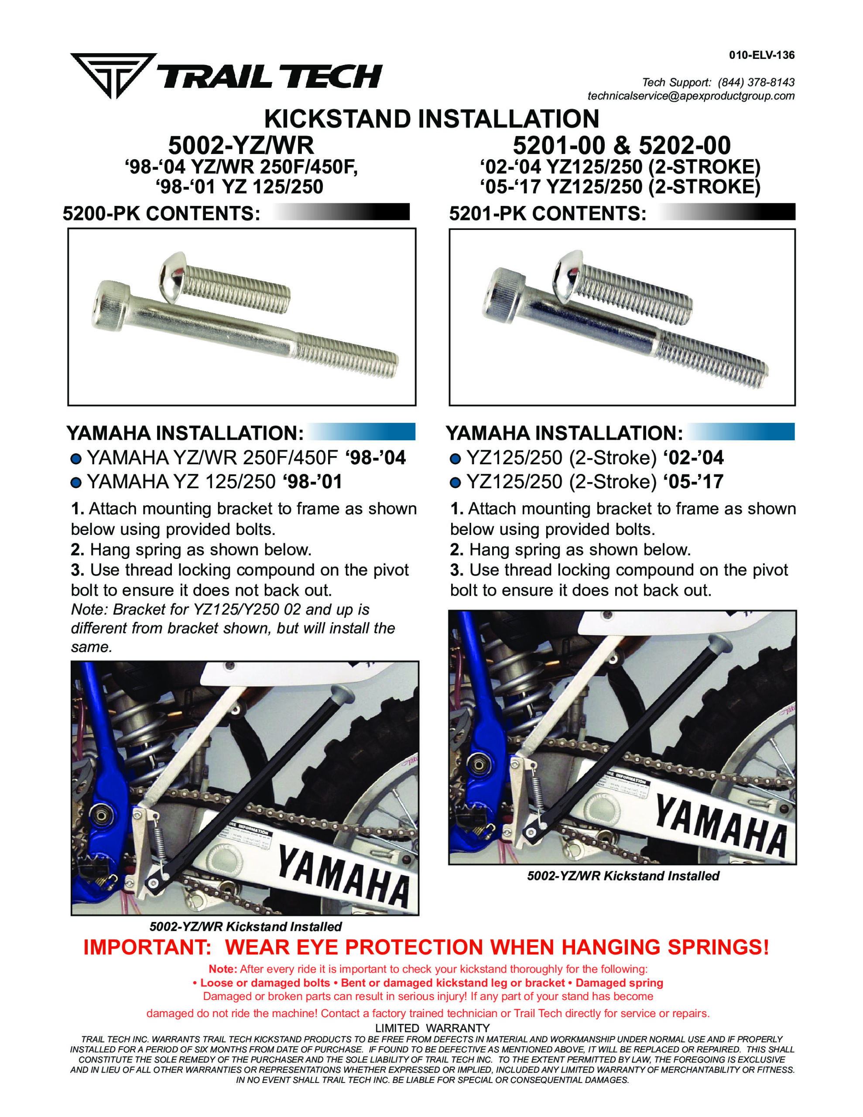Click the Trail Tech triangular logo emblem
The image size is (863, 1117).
(113, 75)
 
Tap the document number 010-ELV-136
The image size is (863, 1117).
(762, 55)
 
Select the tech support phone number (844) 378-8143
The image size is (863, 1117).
(756, 82)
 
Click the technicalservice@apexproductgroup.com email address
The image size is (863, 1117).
(691, 96)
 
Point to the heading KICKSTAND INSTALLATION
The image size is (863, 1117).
(431, 119)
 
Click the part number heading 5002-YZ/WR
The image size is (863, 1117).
(241, 146)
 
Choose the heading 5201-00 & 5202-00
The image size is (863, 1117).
(622, 146)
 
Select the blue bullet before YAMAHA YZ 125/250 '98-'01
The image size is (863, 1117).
(76, 482)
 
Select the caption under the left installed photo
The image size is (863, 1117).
(246, 927)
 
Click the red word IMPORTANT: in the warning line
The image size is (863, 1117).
(147, 948)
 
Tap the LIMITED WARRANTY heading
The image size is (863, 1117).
(432, 1028)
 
